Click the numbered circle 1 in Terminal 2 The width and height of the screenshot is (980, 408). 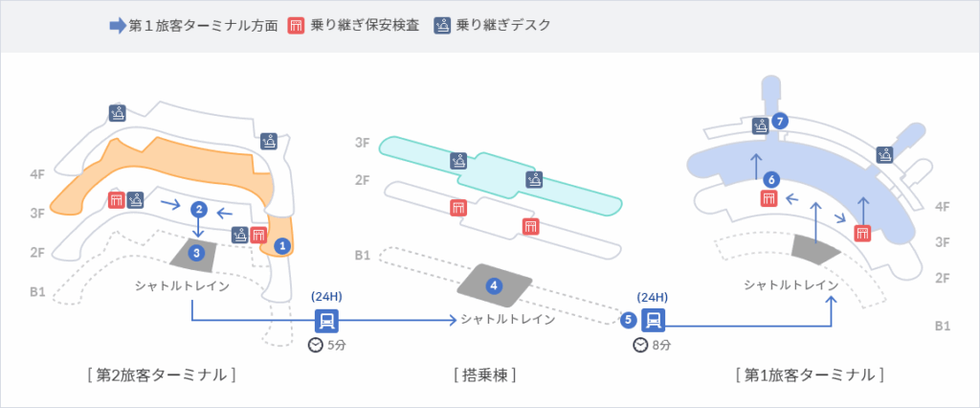(x=281, y=246)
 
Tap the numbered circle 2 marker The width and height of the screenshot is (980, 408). (x=198, y=209)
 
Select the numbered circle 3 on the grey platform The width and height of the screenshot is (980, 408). (x=196, y=253)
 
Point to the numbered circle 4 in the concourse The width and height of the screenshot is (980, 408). (x=494, y=285)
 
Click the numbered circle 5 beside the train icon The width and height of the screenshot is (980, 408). (x=628, y=320)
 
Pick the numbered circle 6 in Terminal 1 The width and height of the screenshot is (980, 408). (x=772, y=179)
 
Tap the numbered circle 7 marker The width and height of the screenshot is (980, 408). (x=782, y=121)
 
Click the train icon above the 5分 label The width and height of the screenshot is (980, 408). (x=326, y=320)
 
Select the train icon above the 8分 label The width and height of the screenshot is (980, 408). (x=654, y=320)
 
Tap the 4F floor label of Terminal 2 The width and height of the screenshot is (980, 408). (x=38, y=175)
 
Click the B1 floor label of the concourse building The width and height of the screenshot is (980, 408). (x=363, y=256)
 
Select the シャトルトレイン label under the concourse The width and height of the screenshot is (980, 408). (x=507, y=319)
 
